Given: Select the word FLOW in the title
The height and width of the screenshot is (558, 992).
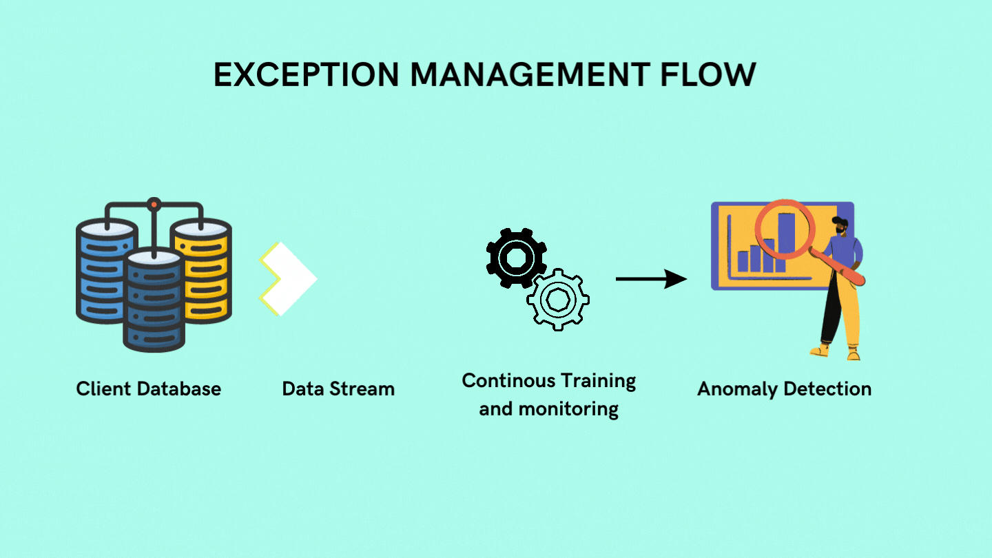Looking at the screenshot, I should click(710, 74).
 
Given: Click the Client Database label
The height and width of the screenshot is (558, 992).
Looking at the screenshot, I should click(149, 389).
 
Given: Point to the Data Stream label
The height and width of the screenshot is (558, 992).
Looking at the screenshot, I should click(338, 389).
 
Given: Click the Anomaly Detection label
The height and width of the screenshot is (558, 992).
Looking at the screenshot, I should click(784, 389).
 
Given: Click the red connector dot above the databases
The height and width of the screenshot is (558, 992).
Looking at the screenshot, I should click(154, 205).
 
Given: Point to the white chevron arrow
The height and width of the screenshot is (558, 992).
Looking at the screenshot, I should click(289, 279).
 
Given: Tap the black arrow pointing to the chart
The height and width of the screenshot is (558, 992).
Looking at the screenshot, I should click(650, 279).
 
